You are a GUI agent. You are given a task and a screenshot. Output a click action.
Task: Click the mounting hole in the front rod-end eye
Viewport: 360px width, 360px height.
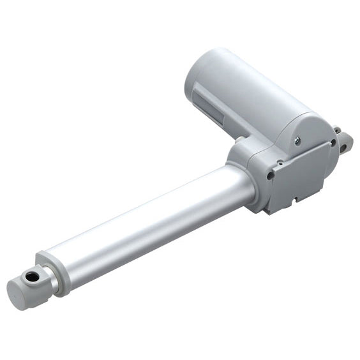(x=29, y=277)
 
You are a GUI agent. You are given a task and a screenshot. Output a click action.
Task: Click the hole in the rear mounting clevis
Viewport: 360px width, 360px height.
(x=345, y=146)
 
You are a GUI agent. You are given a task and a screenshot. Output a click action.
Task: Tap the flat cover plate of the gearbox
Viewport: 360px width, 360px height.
(x=300, y=179)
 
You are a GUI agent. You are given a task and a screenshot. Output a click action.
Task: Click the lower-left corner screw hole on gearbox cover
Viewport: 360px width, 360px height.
(x=271, y=173)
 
